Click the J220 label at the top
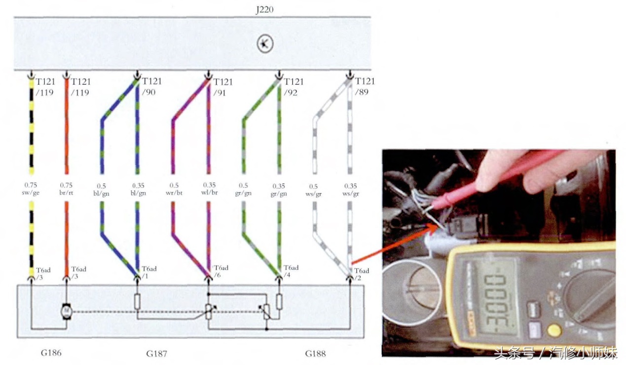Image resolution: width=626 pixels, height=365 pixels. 265,9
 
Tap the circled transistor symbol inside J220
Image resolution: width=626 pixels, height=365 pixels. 264,44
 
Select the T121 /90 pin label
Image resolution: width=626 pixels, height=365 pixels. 151,86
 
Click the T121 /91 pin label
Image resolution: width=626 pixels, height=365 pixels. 222,86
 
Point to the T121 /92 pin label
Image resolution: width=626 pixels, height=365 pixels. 294,86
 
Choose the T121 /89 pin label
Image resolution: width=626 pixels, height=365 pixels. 365,86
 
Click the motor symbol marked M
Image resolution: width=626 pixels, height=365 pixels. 66,311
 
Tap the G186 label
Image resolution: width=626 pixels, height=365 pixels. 51,353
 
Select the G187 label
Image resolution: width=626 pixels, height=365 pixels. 156,353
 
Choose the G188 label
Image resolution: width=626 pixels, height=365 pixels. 315,353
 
